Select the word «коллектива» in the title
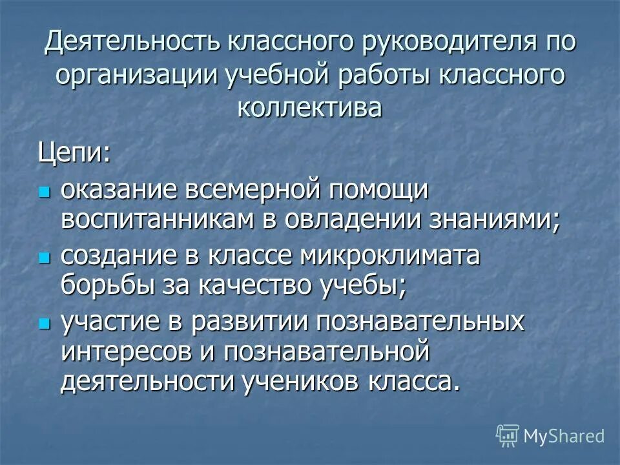(309, 107)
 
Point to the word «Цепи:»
(74, 153)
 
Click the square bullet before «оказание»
(44, 192)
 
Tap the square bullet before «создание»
(44, 258)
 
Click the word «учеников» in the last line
(294, 382)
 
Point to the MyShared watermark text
(564, 436)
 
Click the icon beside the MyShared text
(508, 435)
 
